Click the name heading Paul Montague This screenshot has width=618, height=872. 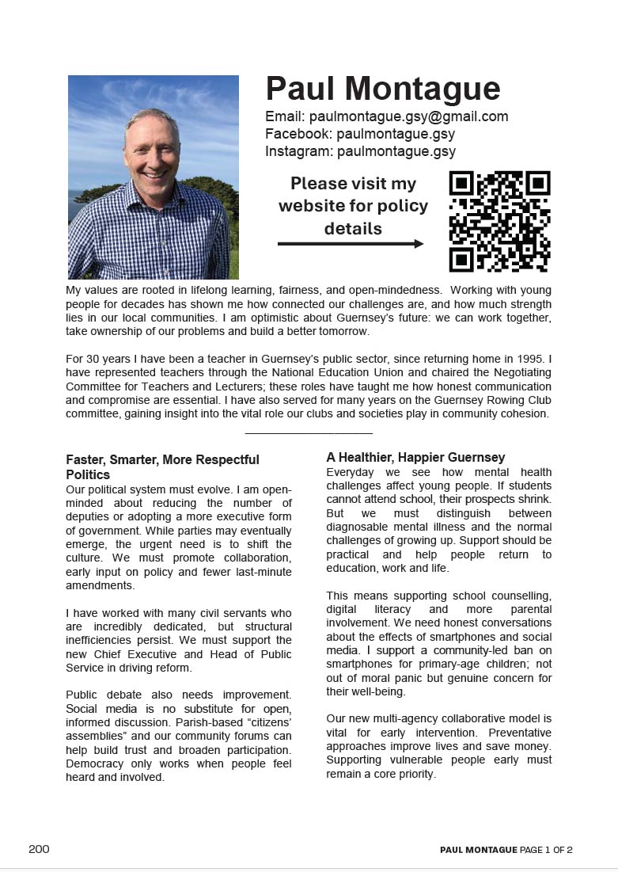pyautogui.click(x=382, y=89)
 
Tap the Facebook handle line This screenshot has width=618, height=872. pyautogui.click(x=360, y=134)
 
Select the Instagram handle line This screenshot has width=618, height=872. pyautogui.click(x=360, y=150)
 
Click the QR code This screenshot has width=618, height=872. pyautogui.click(x=499, y=222)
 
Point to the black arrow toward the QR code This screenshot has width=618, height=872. pyautogui.click(x=351, y=244)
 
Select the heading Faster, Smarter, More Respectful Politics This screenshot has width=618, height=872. pyautogui.click(x=162, y=466)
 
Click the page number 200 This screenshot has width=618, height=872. pyautogui.click(x=39, y=849)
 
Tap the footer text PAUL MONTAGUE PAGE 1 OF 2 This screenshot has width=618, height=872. pyautogui.click(x=506, y=850)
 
